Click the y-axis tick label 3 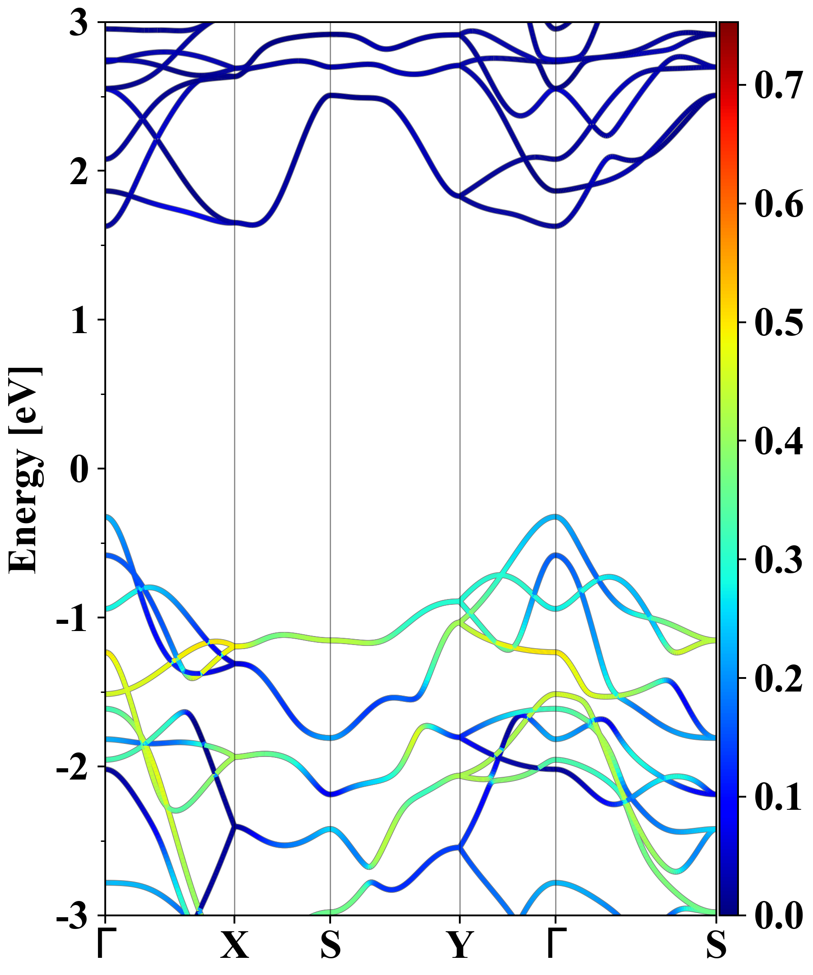tap(79, 23)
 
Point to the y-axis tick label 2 tap(79, 172)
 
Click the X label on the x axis tap(234, 944)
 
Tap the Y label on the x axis tap(460, 944)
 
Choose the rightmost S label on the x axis tap(716, 944)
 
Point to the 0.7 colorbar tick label tap(778, 85)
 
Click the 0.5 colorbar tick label tap(778, 322)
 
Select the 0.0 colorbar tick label tap(778, 915)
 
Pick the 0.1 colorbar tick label tap(778, 797)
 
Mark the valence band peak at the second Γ tap(556, 516)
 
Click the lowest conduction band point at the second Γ tap(556, 227)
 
